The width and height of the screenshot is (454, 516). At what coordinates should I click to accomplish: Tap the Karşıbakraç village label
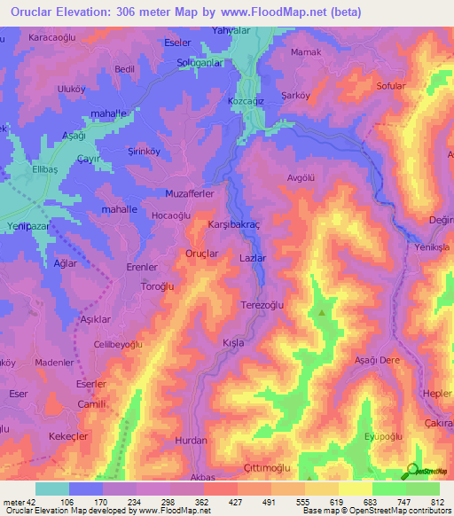[232, 226]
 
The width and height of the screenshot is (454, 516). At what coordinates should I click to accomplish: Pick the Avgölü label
[301, 177]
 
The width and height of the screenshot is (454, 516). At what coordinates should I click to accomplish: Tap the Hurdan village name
[191, 440]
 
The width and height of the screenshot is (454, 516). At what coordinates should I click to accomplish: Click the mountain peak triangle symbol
[322, 312]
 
